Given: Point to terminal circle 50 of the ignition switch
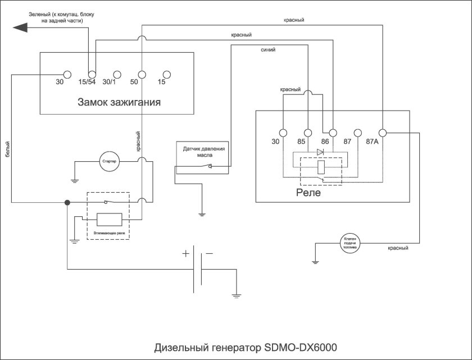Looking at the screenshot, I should click(x=142, y=75).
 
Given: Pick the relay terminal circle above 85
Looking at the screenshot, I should click(x=307, y=133).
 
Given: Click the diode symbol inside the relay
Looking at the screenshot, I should click(x=320, y=152).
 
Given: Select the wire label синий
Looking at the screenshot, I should click(x=268, y=50).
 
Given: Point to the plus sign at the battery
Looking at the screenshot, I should click(x=185, y=253).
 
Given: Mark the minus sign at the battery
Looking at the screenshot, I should click(x=209, y=253).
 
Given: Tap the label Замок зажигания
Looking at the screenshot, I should click(x=119, y=102).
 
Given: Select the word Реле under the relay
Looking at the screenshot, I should click(x=308, y=193).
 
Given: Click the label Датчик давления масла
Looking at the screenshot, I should click(x=203, y=153).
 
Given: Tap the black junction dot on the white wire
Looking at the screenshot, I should click(x=67, y=203).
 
